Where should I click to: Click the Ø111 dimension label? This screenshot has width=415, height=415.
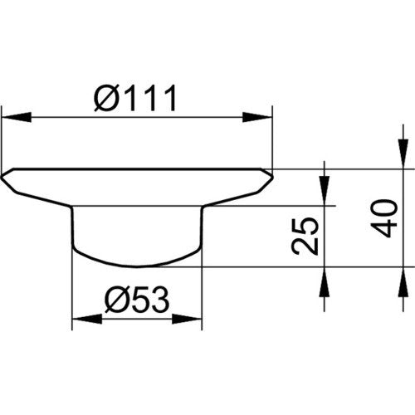pos(135,98)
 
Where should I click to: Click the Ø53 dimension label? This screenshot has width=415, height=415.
pos(137,300)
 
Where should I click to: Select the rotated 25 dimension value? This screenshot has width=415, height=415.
pos(305,236)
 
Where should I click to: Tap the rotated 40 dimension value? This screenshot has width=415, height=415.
pos(383,218)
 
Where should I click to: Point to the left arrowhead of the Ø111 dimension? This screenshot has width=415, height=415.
pos(17,117)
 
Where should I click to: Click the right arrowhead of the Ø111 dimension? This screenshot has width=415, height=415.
pos(257,117)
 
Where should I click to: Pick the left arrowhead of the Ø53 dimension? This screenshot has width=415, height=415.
pos(87,319)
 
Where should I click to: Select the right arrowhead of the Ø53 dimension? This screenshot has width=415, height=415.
pos(188,319)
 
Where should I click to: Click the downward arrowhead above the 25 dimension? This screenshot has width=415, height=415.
pos(325,191)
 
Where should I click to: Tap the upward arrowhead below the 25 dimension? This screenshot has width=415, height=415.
pos(325,282)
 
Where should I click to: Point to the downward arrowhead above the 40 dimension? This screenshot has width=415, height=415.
pos(403,154)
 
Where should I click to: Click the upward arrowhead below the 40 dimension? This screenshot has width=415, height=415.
pos(403,282)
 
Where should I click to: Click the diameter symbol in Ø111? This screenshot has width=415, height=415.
pos(105,98)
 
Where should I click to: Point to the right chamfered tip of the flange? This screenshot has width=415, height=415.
pos(272,176)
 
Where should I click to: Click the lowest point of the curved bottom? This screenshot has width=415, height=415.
pos(136,267)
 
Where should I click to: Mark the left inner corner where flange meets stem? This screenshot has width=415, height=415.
pos(71,207)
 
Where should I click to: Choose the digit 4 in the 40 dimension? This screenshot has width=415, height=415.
pos(383,228)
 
